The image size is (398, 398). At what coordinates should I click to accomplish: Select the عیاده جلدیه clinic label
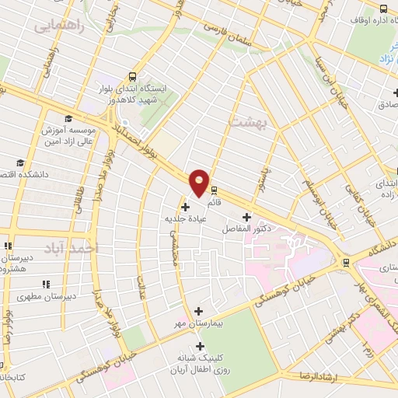click(184, 219)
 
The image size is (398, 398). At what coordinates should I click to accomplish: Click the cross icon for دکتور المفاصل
click(247, 217)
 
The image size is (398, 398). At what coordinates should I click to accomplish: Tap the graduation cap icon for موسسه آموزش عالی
click(68, 118)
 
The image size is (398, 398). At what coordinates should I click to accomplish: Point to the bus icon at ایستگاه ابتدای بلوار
click(133, 77)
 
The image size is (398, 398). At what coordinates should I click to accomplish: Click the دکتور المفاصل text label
click(246, 229)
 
